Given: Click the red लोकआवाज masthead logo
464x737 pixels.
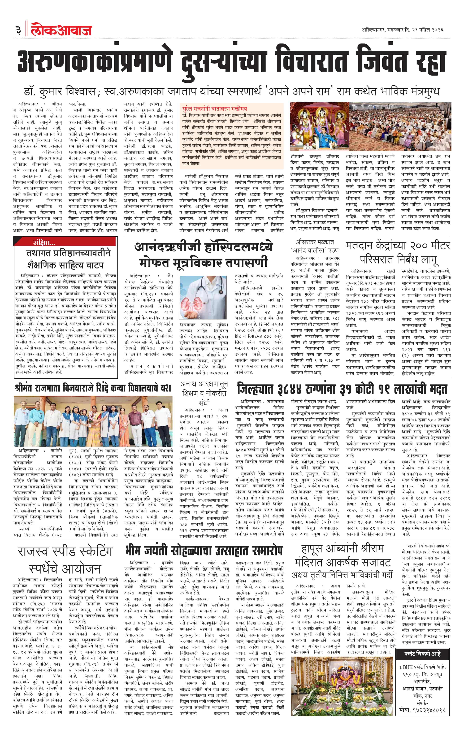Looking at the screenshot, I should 61,30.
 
